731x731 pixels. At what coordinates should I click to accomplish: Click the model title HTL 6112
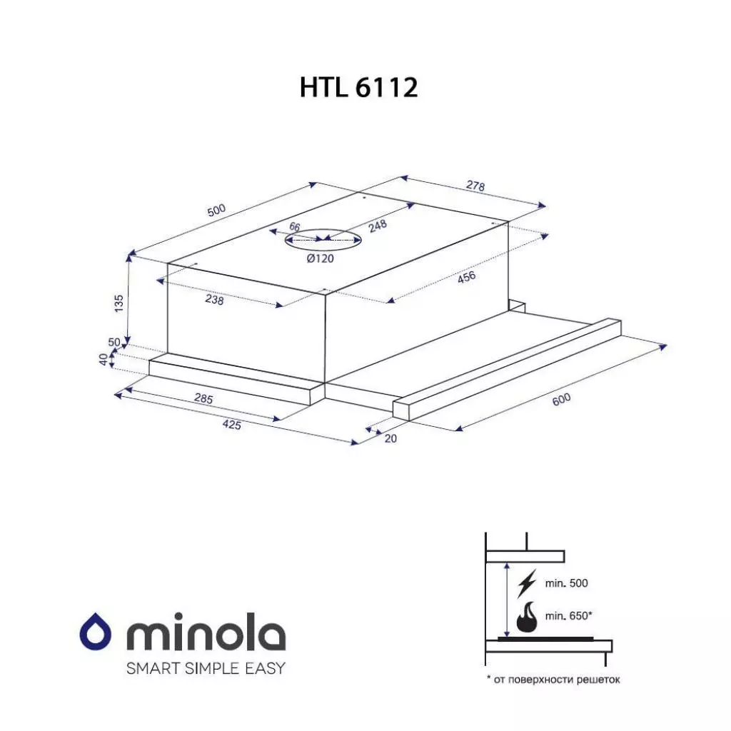(x=358, y=88)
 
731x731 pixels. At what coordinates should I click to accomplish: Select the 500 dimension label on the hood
(x=216, y=210)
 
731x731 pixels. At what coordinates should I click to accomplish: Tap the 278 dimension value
(x=475, y=186)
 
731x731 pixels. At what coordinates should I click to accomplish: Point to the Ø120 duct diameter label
(x=321, y=258)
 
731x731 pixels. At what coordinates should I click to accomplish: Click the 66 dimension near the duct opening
(x=294, y=227)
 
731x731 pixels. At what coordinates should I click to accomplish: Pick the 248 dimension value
(x=378, y=226)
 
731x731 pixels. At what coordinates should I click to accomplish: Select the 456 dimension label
(x=466, y=277)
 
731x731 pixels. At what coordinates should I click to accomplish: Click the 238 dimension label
(x=214, y=301)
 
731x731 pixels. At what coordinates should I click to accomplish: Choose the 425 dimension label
(x=231, y=425)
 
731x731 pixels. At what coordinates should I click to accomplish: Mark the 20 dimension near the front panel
(x=390, y=438)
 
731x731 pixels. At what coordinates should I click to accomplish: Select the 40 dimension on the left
(x=104, y=360)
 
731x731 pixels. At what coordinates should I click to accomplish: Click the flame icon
(x=527, y=617)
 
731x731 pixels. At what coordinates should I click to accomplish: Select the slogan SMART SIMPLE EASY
(x=205, y=669)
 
